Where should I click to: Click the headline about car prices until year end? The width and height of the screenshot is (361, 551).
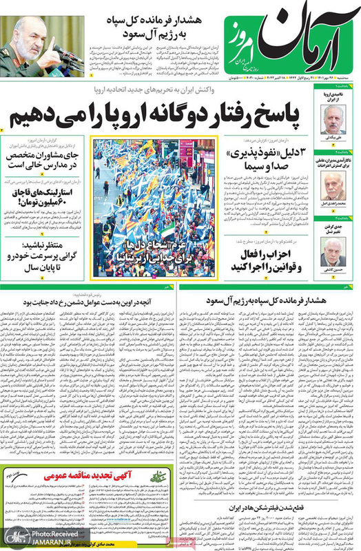pyautogui.click(x=45, y=254)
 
